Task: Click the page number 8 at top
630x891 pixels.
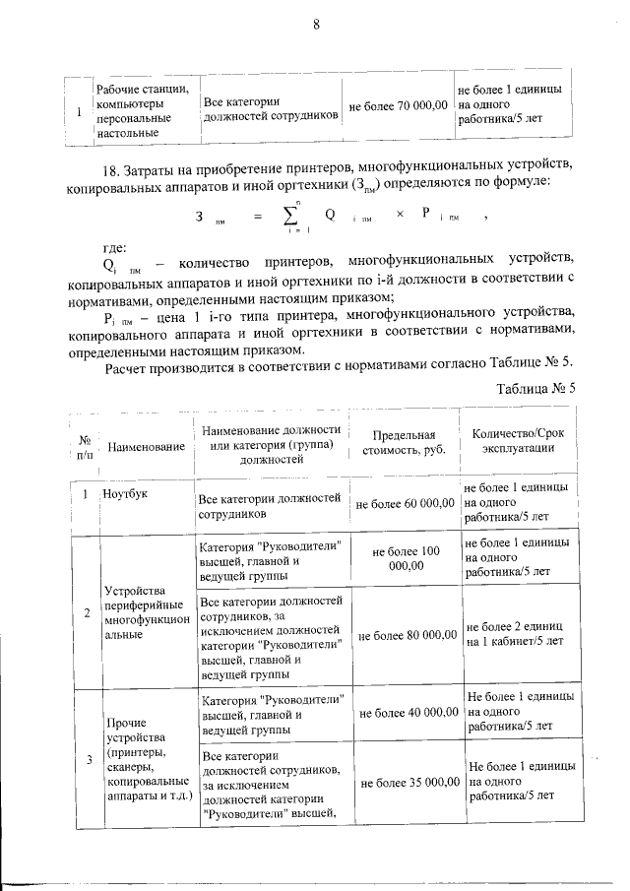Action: [x=316, y=27]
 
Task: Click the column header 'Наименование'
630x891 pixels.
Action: [x=147, y=447]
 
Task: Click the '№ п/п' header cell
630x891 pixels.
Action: [x=85, y=447]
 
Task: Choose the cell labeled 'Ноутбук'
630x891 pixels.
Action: [x=126, y=492]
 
